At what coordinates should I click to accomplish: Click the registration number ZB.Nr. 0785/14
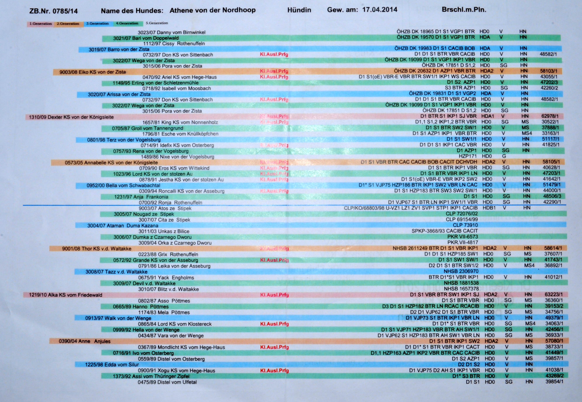[53, 11]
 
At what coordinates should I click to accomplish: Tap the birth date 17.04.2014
[380, 10]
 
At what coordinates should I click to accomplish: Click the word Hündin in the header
[299, 10]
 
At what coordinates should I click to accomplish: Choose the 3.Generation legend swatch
[98, 23]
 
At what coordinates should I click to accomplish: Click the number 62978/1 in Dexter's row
[550, 116]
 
